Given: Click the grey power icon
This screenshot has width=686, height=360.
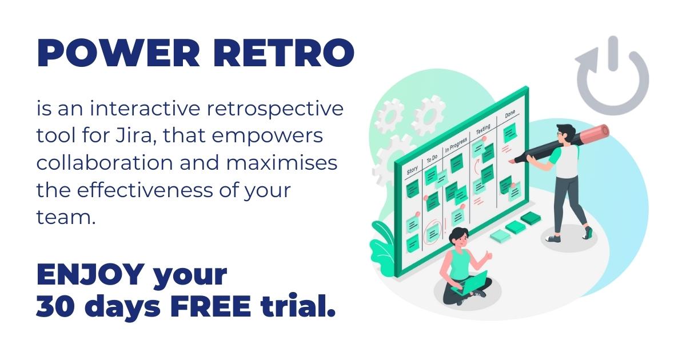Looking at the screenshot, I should tap(612, 77).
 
